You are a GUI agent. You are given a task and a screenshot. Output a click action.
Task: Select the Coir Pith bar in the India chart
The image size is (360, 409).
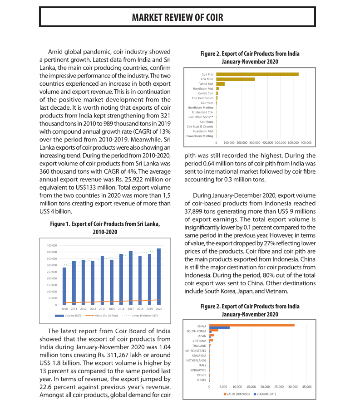(x=257, y=74)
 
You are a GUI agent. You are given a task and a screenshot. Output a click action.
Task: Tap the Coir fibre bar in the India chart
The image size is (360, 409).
(x=235, y=79)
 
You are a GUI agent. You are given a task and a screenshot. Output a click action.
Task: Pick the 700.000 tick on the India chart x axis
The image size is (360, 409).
(x=306, y=142)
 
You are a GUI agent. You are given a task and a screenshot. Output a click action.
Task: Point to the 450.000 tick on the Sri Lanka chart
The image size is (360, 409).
(x=51, y=245)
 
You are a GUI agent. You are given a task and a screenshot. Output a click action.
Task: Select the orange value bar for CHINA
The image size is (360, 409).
(x=252, y=325)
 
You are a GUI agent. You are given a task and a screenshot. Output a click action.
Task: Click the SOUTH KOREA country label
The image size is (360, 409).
(x=196, y=331)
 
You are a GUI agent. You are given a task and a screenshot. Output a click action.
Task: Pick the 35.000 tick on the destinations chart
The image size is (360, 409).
(x=307, y=387)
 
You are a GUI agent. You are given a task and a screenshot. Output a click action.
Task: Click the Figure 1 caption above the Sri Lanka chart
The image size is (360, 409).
(x=105, y=228)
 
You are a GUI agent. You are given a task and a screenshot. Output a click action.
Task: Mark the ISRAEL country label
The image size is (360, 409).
(x=202, y=380)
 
